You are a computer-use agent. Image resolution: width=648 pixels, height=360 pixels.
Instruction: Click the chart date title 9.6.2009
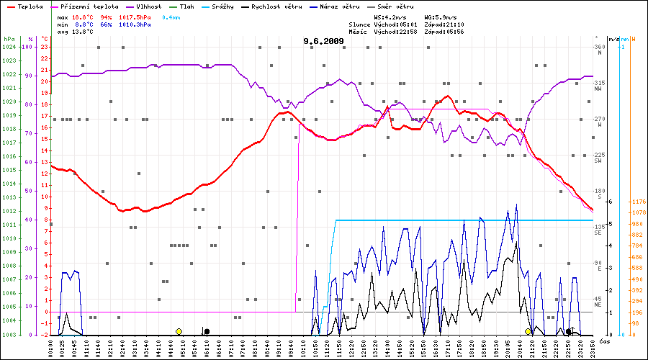point(323,42)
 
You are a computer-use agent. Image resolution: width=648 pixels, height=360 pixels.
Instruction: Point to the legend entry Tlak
point(186,6)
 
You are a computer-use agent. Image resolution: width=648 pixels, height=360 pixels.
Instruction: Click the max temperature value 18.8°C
point(84,17)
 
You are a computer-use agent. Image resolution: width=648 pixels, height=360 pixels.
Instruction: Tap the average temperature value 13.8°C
point(84,32)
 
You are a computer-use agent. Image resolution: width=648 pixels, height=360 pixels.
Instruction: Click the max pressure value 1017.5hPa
point(136,17)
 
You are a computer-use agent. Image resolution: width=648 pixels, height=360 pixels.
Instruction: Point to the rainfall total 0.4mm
point(171,17)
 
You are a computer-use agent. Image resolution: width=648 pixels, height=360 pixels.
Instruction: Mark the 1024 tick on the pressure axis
point(9,47)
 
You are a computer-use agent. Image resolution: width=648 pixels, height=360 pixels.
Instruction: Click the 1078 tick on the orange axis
point(637,213)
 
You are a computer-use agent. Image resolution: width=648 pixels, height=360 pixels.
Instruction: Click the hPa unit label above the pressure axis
point(9,39)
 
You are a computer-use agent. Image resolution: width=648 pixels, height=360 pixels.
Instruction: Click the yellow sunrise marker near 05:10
point(179,331)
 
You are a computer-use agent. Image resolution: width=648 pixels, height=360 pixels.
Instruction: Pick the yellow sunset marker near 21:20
point(528,331)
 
